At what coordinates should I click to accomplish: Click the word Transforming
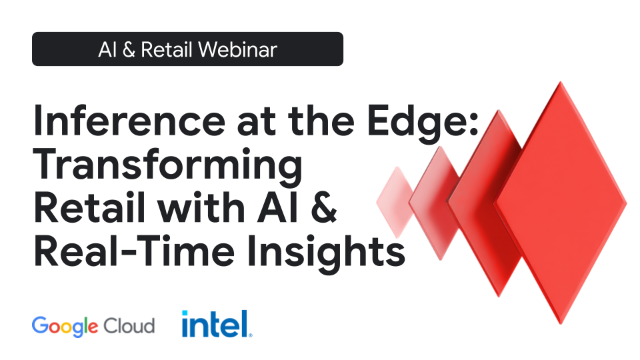point(167,167)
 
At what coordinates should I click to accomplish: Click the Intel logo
point(217,324)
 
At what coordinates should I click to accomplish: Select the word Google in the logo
point(65,326)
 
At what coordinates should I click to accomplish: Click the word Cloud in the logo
point(129,325)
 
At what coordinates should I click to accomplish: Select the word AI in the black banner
point(107,49)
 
